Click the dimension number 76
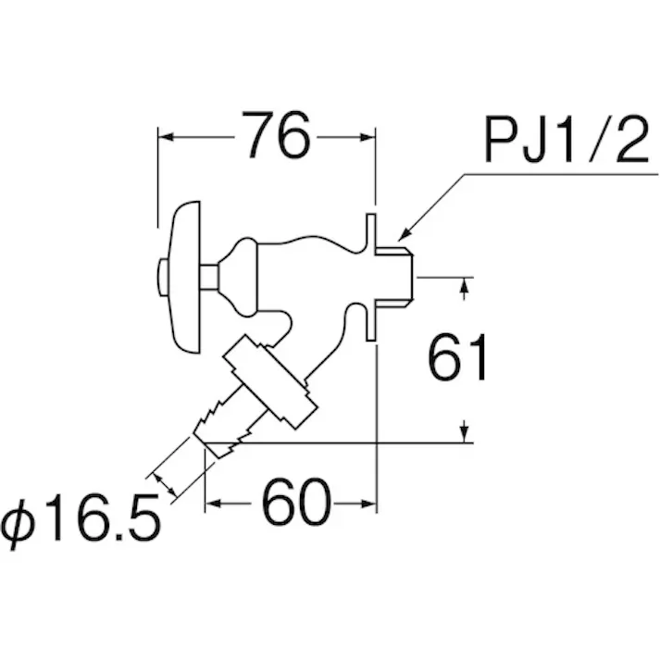280,135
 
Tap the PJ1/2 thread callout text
567,139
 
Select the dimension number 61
457,357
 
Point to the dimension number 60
296,502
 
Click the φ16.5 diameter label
81,518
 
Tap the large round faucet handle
184,277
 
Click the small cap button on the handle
163,277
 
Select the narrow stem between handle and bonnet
209,277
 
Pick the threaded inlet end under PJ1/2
394,277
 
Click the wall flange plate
370,277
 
